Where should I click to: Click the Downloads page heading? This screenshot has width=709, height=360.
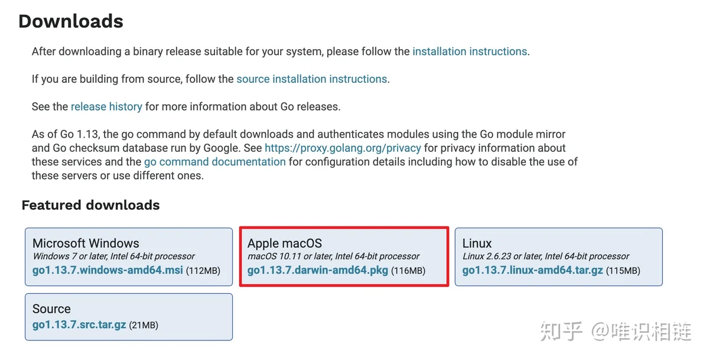click(x=71, y=21)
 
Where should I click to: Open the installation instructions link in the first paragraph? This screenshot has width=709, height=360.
click(x=470, y=51)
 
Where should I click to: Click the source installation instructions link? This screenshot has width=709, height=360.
click(x=312, y=79)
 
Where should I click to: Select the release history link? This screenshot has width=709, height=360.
click(x=106, y=107)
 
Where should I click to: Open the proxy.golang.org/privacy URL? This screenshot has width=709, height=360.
click(x=343, y=148)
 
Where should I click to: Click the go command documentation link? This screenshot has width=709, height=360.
click(x=215, y=162)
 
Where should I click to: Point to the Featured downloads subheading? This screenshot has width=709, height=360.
click(x=90, y=205)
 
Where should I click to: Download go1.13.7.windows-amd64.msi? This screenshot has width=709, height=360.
click(x=108, y=270)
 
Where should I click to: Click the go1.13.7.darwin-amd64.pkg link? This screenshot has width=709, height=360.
click(x=317, y=270)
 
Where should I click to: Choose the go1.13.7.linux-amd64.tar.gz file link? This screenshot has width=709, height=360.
click(x=532, y=270)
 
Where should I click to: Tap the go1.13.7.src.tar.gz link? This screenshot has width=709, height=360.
click(x=79, y=325)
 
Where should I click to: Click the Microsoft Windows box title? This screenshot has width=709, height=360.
click(x=86, y=243)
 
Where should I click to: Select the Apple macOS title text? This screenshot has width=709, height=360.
click(x=285, y=244)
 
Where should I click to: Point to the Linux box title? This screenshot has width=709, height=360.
click(x=477, y=243)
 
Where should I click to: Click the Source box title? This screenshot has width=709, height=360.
click(x=51, y=309)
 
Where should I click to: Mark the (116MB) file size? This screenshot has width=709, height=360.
click(x=408, y=271)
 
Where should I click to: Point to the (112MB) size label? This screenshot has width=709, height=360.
click(x=203, y=271)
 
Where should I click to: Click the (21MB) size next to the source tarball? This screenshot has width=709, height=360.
click(x=144, y=325)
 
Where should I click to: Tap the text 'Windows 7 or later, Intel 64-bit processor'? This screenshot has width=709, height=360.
click(x=114, y=256)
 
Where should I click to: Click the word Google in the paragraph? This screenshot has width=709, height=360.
click(x=221, y=148)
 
